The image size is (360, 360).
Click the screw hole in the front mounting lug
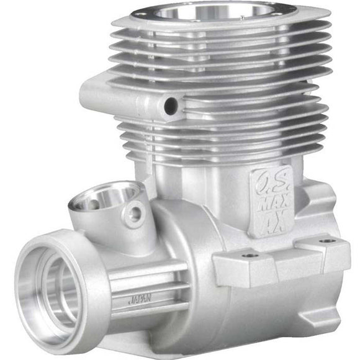[x=250, y=254]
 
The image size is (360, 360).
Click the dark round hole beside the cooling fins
[x=169, y=106]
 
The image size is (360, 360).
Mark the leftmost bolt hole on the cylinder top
[x=140, y=12]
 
